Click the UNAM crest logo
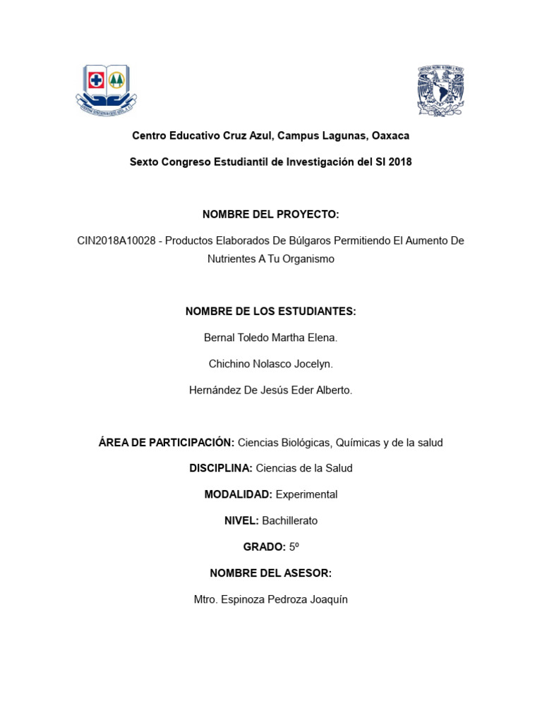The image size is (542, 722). pos(440,90)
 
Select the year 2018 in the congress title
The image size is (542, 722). pos(398,162)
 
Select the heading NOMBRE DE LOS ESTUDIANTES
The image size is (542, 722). pos(271,312)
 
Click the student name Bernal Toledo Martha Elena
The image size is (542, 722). pos(271,338)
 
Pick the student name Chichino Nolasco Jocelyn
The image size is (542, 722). pos(271,364)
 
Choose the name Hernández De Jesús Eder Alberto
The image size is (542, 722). pos(271,390)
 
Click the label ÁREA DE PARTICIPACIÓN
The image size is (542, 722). pos(167,443)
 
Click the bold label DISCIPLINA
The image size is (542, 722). pos(221,468)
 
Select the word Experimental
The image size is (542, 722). pos(306,494)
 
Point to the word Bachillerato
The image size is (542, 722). pos(289,521)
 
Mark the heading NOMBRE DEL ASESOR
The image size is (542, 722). pos(271,573)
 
